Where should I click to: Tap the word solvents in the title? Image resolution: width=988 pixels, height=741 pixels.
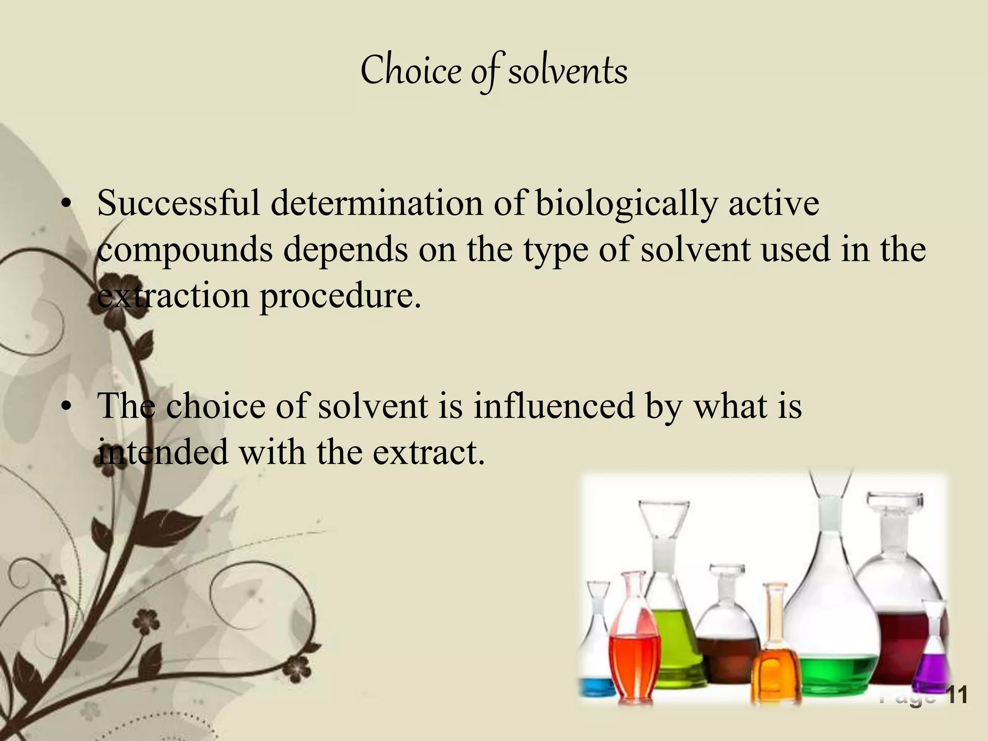point(568,71)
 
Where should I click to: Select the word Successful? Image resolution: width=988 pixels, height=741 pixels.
point(178,204)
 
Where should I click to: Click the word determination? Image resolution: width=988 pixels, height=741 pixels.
point(376,204)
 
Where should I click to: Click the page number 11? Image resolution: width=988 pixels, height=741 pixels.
point(957,695)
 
